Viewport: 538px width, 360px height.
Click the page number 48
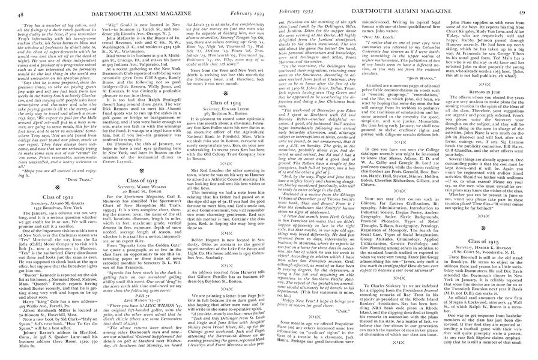pos(8,6)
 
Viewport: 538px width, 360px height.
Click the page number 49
pos(530,6)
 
